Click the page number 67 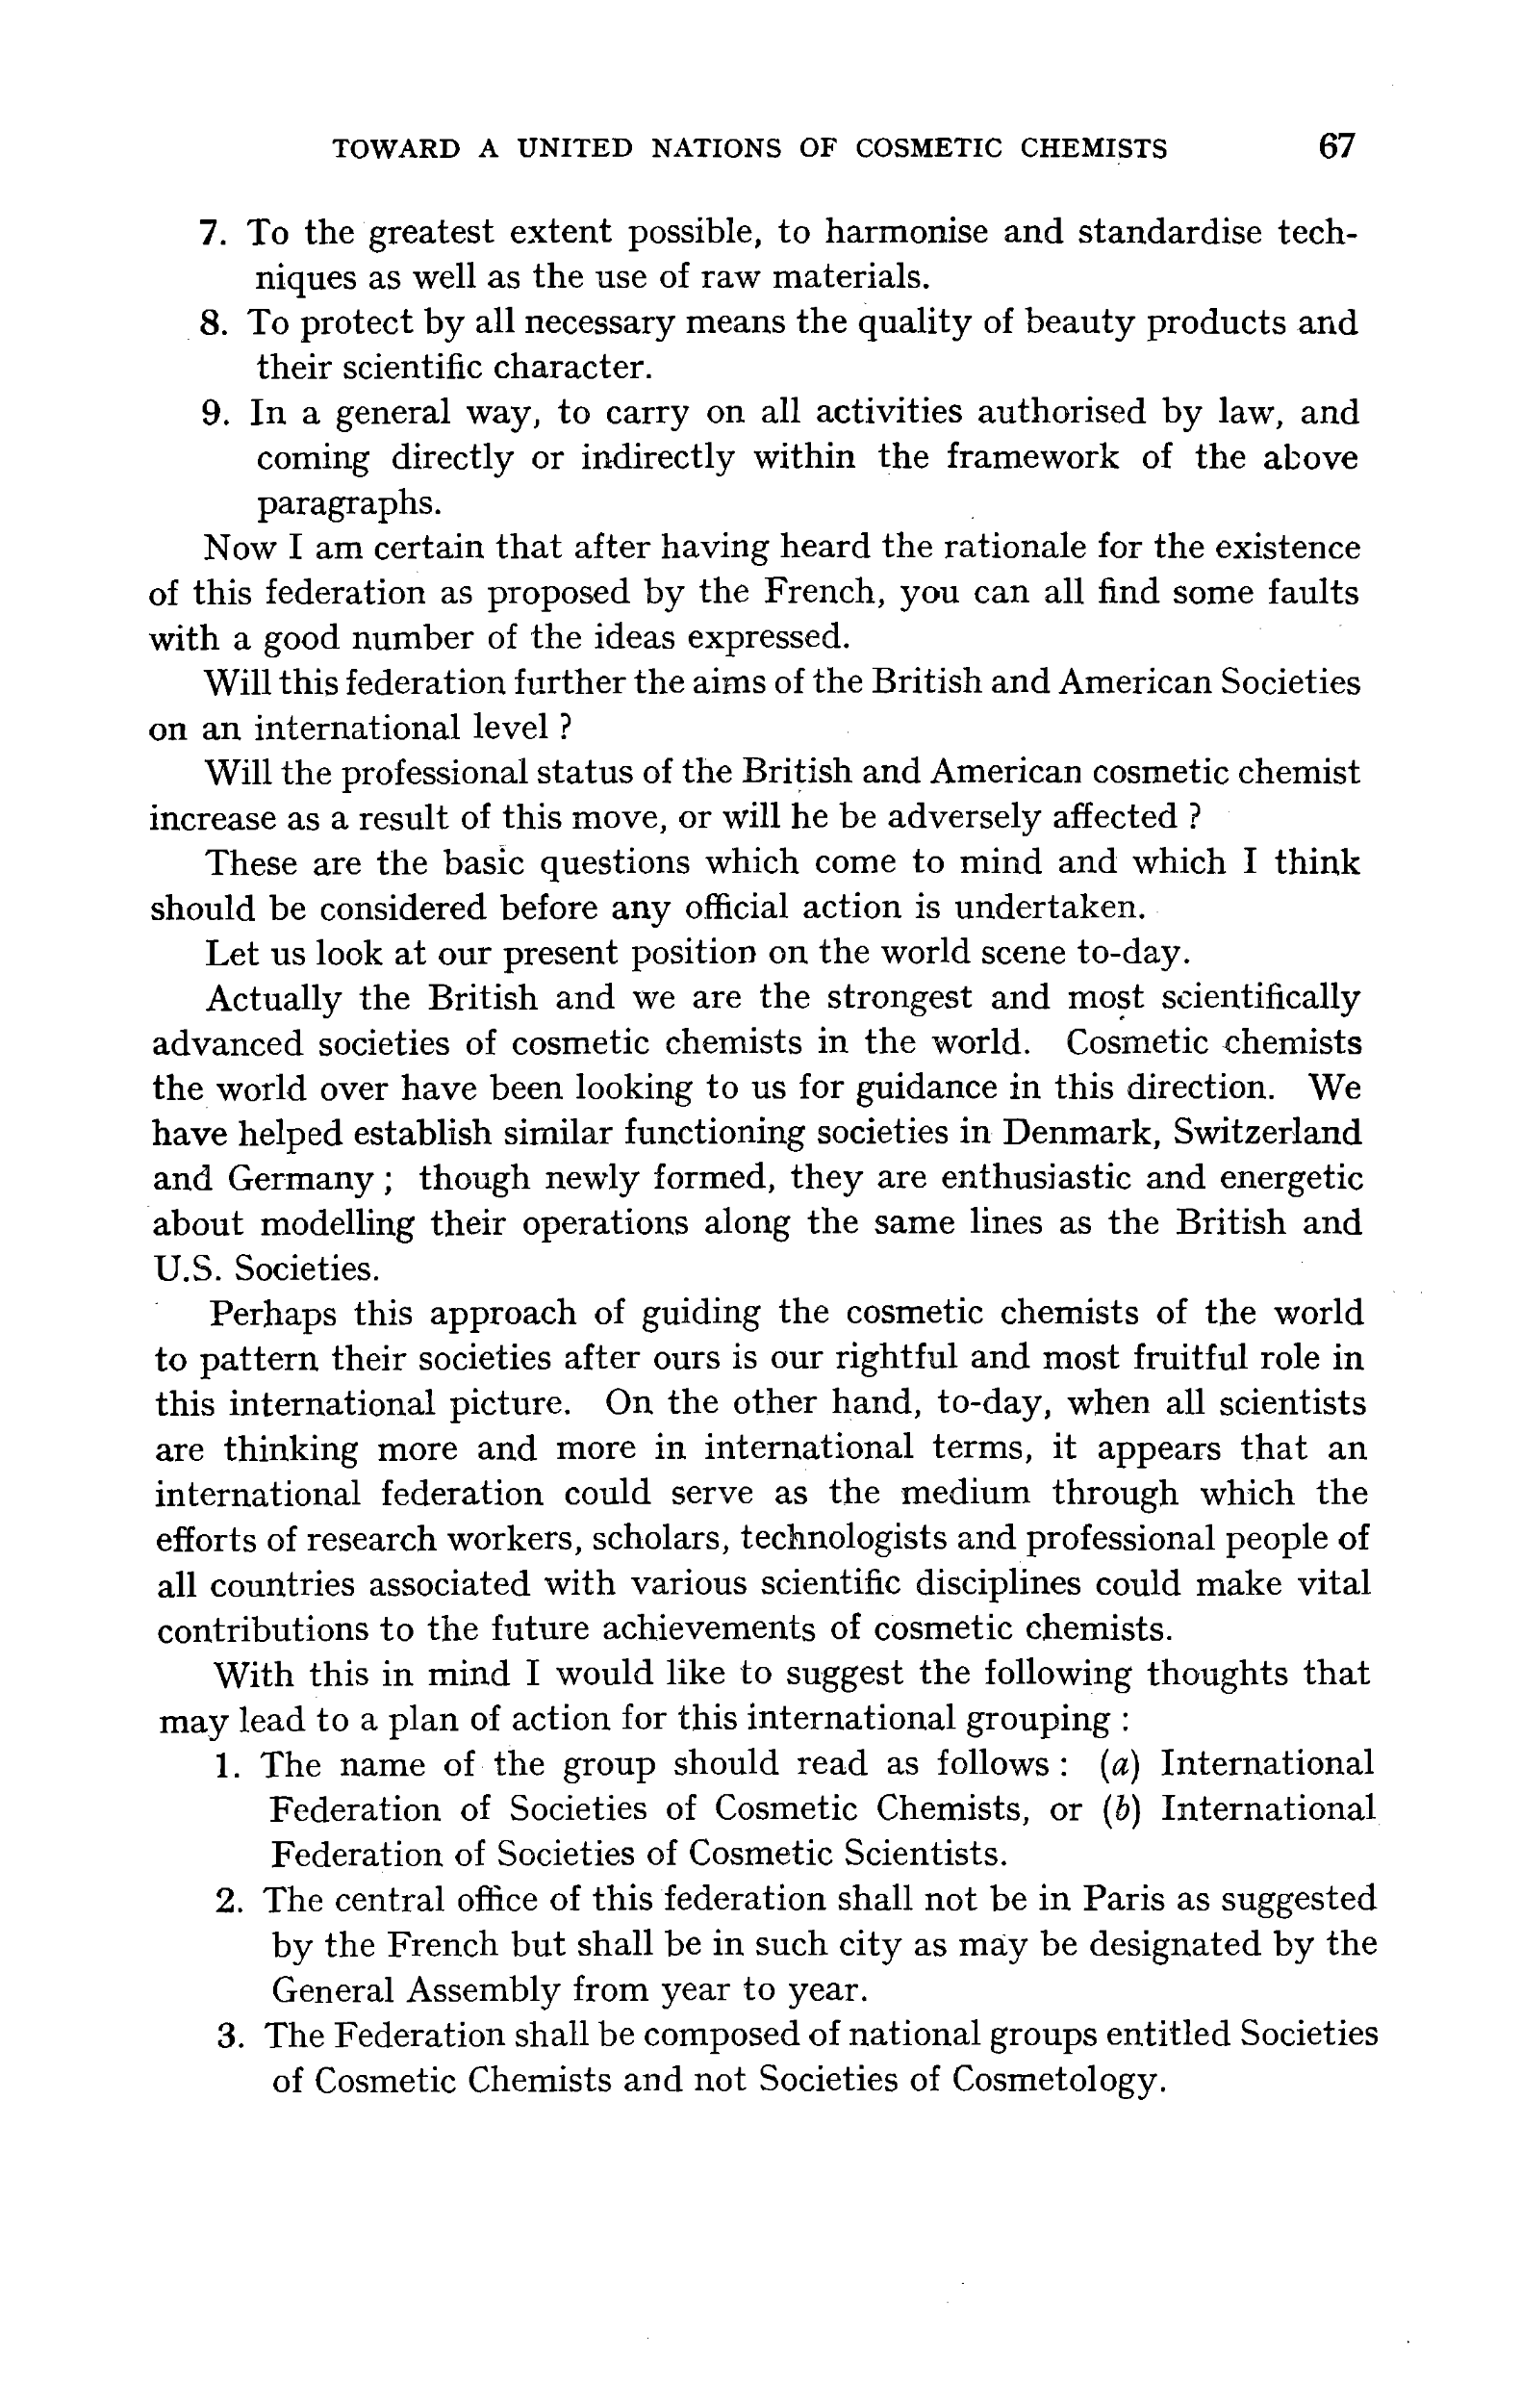coord(1336,146)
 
